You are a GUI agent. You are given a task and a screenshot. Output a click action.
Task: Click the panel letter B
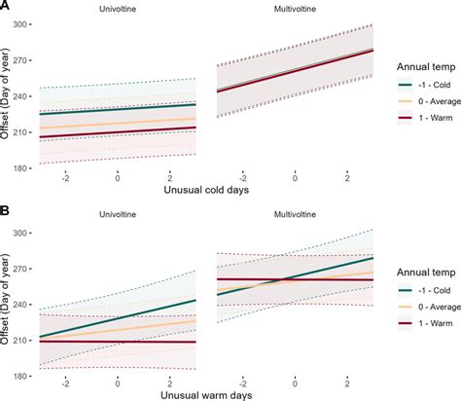(6, 210)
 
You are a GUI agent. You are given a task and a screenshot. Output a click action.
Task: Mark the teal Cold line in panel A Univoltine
(118, 110)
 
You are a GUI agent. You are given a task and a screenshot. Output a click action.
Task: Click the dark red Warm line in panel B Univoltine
(118, 342)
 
